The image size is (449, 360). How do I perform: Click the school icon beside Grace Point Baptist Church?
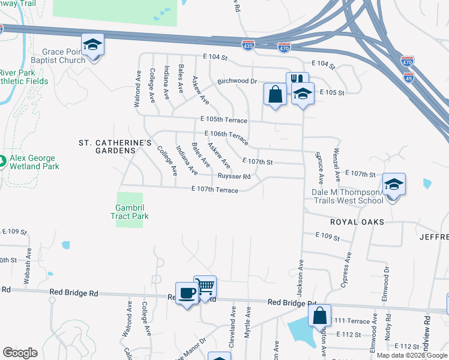tap(93, 46)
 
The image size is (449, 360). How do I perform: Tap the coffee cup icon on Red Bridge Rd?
tap(187, 293)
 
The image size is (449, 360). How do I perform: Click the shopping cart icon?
tap(205, 287)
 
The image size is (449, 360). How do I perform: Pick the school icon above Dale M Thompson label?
tap(394, 185)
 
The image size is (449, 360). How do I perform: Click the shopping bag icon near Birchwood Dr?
tap(275, 94)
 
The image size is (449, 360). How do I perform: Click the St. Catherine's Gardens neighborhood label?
tap(115, 146)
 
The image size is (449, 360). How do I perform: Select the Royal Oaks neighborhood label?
tap(357, 221)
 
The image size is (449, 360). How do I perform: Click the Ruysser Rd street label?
tap(234, 176)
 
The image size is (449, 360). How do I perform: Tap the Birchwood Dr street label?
tap(237, 81)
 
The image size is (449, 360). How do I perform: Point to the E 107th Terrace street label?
tap(214, 190)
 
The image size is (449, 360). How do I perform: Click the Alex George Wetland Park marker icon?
tap(2, 161)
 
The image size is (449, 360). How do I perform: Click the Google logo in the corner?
tap(20, 352)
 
